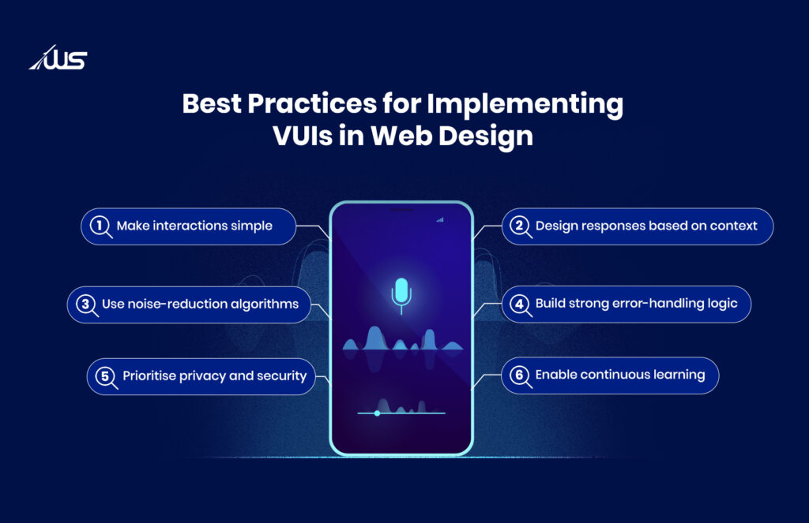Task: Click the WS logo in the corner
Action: (x=58, y=58)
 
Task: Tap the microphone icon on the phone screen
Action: (x=401, y=293)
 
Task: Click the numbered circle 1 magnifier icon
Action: (x=100, y=226)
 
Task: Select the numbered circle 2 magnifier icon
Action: (x=519, y=226)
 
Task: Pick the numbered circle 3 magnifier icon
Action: (x=85, y=304)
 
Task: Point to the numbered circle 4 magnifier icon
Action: (x=519, y=304)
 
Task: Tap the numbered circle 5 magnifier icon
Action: (x=105, y=376)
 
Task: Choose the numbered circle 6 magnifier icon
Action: (x=519, y=375)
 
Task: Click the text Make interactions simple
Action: (x=194, y=226)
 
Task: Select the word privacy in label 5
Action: (x=207, y=376)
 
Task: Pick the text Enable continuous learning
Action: (x=620, y=375)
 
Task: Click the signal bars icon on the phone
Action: (x=440, y=220)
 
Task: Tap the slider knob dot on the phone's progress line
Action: (x=377, y=413)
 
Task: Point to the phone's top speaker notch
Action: (x=401, y=210)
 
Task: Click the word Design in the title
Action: (x=487, y=136)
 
